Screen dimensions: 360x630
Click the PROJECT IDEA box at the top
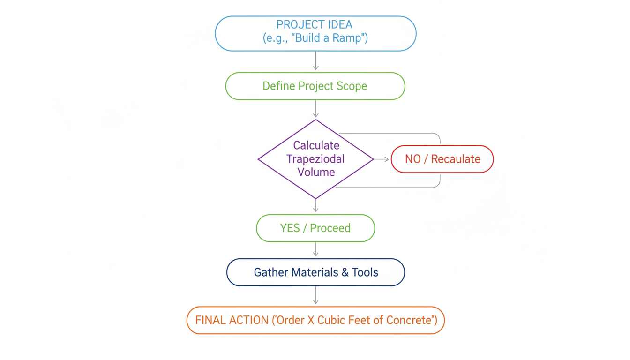pos(315,33)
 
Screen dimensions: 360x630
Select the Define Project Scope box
pos(315,86)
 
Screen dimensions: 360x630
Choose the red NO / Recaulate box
pos(442,159)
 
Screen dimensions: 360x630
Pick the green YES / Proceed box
pos(315,228)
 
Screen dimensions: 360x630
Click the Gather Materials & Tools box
pos(315,272)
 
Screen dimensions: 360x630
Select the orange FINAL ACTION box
pos(315,320)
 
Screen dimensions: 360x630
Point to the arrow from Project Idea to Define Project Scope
pos(315,61)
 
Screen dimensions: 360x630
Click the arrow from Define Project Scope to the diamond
pos(315,109)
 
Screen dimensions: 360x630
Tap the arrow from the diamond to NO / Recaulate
pos(382,159)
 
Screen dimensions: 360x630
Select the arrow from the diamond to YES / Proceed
pos(315,206)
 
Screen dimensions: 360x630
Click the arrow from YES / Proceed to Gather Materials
pos(315,249)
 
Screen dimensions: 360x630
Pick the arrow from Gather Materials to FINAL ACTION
pos(315,295)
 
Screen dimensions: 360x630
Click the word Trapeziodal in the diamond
pos(315,159)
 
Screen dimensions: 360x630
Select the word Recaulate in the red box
pos(455,159)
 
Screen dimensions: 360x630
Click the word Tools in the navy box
pos(365,272)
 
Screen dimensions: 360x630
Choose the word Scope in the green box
pos(352,86)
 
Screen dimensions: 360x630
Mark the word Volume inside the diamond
pos(316,172)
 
